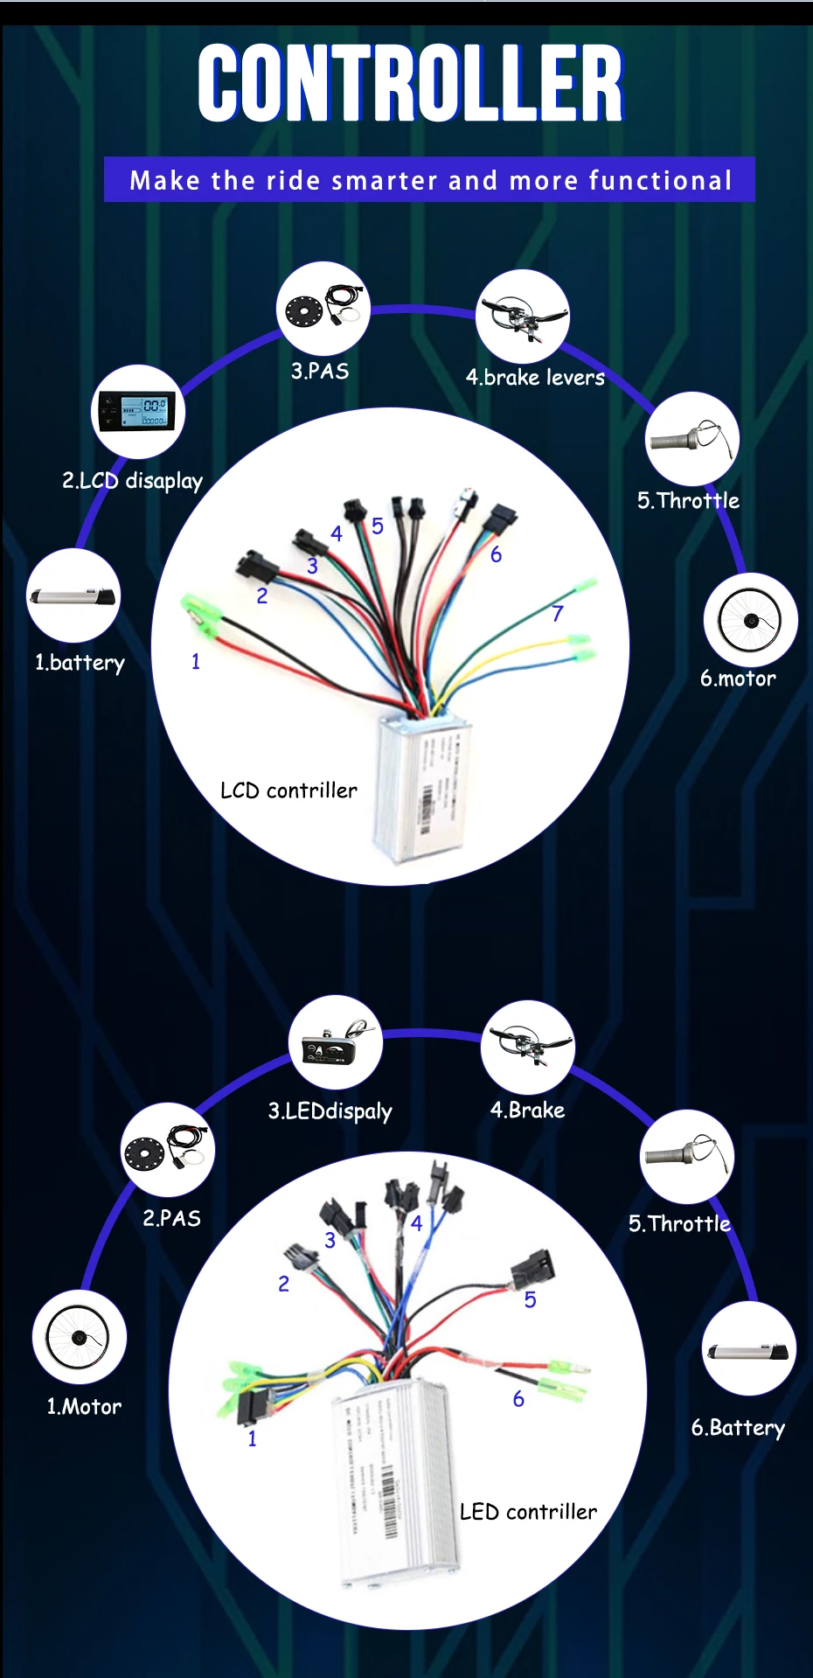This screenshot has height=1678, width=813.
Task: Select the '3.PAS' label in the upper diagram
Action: pyautogui.click(x=320, y=372)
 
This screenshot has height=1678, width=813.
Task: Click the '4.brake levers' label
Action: pyautogui.click(x=535, y=378)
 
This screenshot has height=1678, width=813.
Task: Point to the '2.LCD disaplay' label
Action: pyautogui.click(x=132, y=481)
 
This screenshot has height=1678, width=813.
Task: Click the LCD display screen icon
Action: pyautogui.click(x=137, y=412)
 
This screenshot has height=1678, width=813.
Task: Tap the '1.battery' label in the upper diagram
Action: pyautogui.click(x=80, y=663)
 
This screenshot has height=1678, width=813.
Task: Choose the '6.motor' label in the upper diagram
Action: pyautogui.click(x=738, y=679)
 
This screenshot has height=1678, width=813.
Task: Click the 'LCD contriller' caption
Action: pyautogui.click(x=288, y=790)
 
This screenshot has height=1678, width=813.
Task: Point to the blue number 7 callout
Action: pyautogui.click(x=558, y=614)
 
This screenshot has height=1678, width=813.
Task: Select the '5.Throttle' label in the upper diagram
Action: pyautogui.click(x=688, y=501)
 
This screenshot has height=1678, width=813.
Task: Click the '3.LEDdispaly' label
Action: pyautogui.click(x=330, y=1111)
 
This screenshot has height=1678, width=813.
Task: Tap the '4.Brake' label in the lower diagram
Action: pyautogui.click(x=527, y=1111)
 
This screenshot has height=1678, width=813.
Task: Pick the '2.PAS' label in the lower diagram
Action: pyautogui.click(x=171, y=1218)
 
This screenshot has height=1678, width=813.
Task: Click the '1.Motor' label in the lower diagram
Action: pyautogui.click(x=84, y=1407)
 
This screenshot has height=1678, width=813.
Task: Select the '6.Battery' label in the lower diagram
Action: pyautogui.click(x=738, y=1428)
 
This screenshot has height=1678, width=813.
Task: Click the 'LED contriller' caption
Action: pyautogui.click(x=528, y=1512)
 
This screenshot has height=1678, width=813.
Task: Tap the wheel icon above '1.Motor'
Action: pyautogui.click(x=79, y=1337)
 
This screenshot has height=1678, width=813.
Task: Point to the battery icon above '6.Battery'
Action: pyautogui.click(x=748, y=1349)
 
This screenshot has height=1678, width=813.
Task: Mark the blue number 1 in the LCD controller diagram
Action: pyautogui.click(x=196, y=662)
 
